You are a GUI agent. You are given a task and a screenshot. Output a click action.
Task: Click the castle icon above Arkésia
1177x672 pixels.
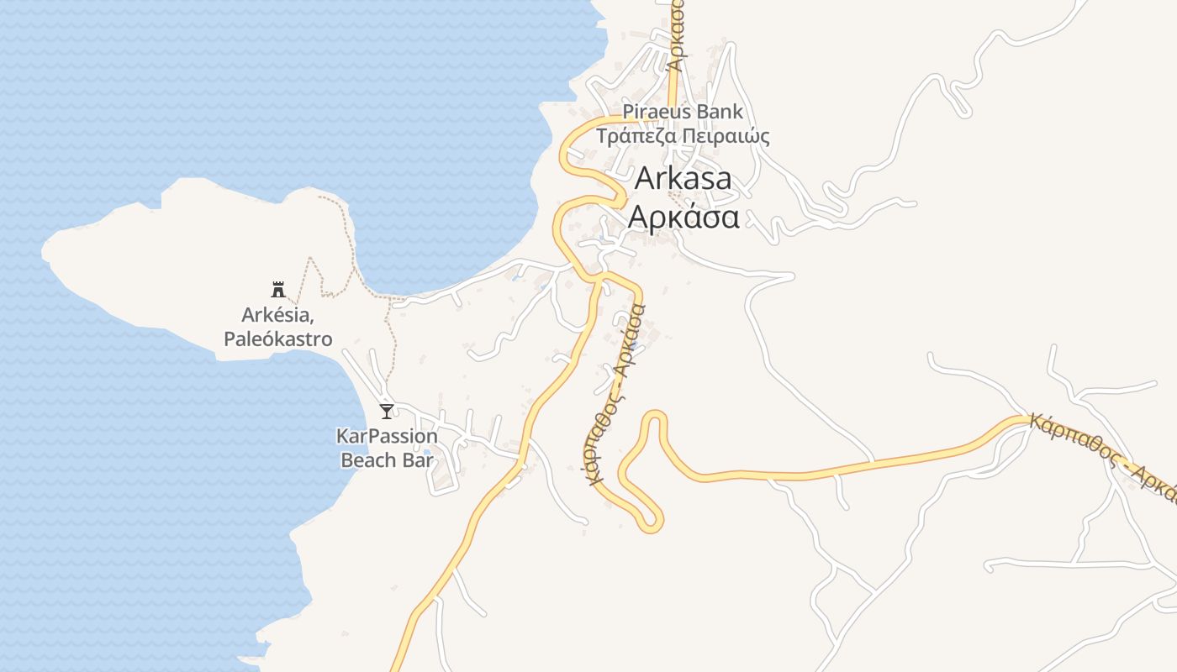click(277, 290)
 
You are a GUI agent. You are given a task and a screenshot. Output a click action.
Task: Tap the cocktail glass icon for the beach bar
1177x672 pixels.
click(386, 411)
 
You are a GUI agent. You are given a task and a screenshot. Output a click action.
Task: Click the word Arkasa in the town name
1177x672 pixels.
click(683, 178)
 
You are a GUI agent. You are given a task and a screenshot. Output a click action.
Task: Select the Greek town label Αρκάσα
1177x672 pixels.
click(684, 217)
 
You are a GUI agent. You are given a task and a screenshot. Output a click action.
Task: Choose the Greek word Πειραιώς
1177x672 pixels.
click(726, 135)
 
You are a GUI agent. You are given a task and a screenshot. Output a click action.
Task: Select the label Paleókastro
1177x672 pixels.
click(278, 339)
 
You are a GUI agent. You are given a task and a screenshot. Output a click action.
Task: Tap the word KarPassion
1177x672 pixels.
click(387, 437)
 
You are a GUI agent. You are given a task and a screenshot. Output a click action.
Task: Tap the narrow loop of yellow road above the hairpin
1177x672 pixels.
click(655, 417)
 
